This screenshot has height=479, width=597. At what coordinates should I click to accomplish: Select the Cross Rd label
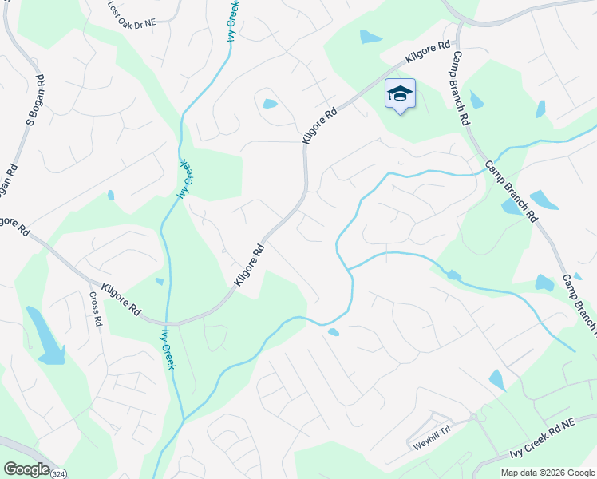(97, 309)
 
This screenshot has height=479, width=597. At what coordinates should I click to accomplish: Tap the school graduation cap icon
(400, 94)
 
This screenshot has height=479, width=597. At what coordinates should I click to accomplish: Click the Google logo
(26, 469)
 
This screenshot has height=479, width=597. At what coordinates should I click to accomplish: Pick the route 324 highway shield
(58, 473)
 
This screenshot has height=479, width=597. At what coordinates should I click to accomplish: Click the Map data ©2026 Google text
(547, 473)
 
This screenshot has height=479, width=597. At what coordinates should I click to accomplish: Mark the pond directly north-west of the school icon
(370, 36)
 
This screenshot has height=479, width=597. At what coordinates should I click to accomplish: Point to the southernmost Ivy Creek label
(168, 349)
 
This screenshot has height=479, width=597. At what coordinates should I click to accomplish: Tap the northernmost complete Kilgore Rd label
(428, 54)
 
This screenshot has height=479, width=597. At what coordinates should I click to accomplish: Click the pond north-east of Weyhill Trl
(496, 380)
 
